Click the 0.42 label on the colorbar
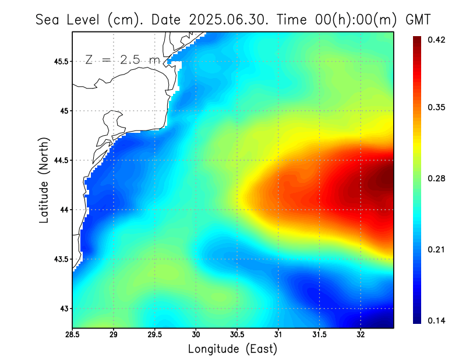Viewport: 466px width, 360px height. click(x=436, y=40)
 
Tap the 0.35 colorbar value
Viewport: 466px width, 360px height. click(x=436, y=107)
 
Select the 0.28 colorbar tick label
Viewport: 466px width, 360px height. click(x=436, y=178)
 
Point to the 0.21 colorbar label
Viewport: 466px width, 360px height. click(x=436, y=249)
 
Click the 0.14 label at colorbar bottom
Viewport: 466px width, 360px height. click(x=436, y=320)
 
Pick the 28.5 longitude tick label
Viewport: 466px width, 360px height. click(x=73, y=334)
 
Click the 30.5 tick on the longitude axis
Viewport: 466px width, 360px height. click(x=237, y=334)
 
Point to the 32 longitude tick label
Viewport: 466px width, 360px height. click(x=361, y=334)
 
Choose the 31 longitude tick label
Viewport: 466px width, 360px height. click(x=278, y=334)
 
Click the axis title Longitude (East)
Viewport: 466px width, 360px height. click(x=232, y=349)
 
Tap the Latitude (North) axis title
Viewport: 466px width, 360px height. click(x=44, y=180)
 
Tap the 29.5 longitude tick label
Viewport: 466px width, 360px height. click(x=155, y=334)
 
